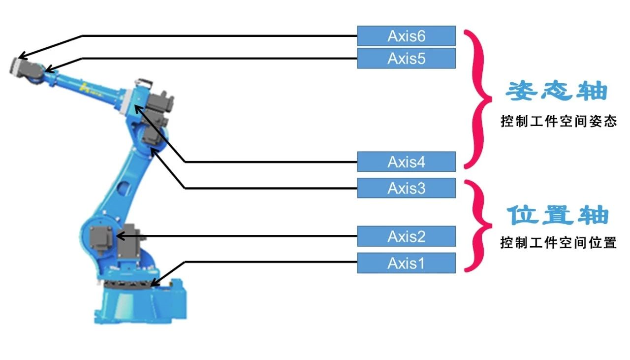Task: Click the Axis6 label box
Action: tap(406, 36)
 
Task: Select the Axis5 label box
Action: tap(406, 58)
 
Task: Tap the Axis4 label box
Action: tap(406, 162)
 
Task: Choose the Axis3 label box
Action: tap(406, 188)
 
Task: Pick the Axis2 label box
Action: tap(406, 236)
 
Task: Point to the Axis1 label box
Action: tap(406, 263)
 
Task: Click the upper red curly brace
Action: tap(478, 98)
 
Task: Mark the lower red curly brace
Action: tap(478, 226)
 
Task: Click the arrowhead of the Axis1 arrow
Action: tap(153, 284)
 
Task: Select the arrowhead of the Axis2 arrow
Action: tap(119, 236)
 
